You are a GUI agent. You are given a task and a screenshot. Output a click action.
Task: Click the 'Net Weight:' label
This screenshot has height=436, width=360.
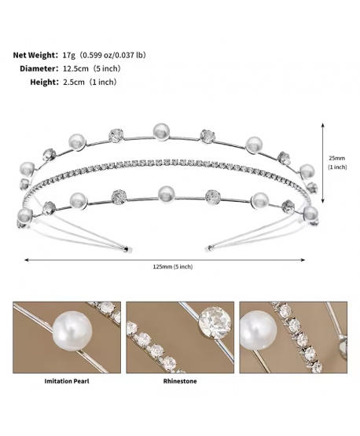35,55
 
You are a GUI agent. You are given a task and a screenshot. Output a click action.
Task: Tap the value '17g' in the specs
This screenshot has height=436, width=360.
69,55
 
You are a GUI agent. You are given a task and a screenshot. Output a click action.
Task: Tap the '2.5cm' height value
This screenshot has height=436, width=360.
73,82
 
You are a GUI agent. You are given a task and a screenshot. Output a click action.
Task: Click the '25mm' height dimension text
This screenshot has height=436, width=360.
337,158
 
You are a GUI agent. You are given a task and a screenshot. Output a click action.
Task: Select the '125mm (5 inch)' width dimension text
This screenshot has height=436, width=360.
173,266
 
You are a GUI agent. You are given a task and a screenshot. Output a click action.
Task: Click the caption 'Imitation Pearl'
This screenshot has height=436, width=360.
67,381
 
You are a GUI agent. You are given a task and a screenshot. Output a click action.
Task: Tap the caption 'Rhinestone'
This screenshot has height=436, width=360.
180,381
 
